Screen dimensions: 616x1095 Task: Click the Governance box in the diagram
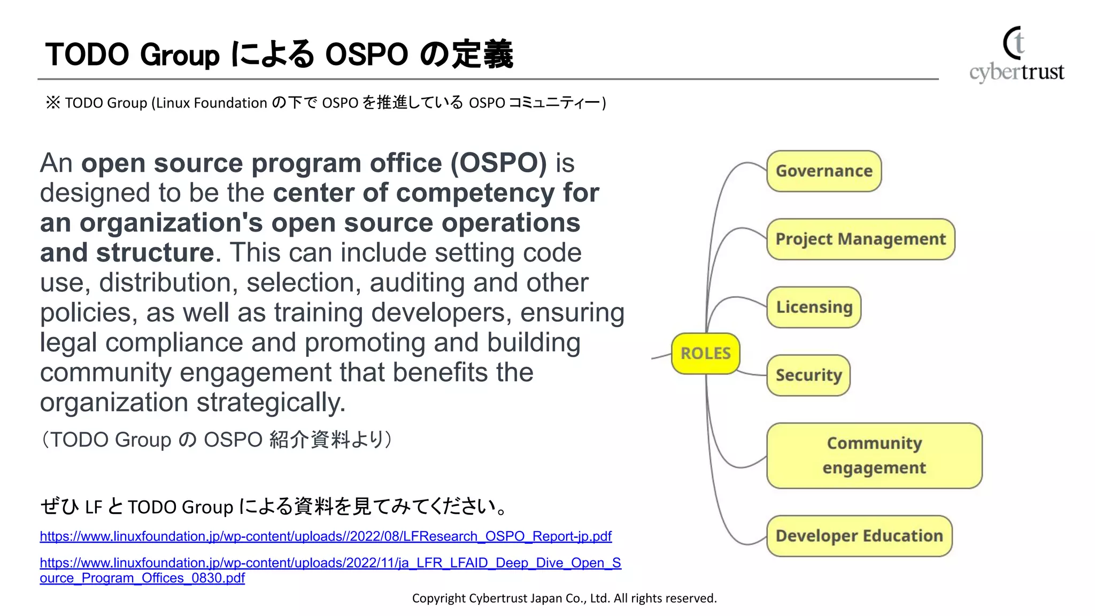[x=823, y=171]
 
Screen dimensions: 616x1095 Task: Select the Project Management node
[x=860, y=239]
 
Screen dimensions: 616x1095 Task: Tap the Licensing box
[x=814, y=307]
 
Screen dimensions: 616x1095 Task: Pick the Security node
[x=808, y=375]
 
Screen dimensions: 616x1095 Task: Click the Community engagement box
[x=874, y=456]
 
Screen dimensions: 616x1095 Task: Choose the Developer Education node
[x=859, y=536]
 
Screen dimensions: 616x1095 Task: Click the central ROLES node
[x=705, y=353]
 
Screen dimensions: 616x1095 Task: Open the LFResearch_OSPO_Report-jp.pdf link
[x=326, y=536]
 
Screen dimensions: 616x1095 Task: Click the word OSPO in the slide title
[x=367, y=55]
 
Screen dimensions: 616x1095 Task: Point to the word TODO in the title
[x=87, y=55]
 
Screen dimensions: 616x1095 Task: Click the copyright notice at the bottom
[x=564, y=598]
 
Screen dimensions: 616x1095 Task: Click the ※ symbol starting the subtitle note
[x=53, y=102]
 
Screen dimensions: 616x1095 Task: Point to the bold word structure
[x=155, y=253]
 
